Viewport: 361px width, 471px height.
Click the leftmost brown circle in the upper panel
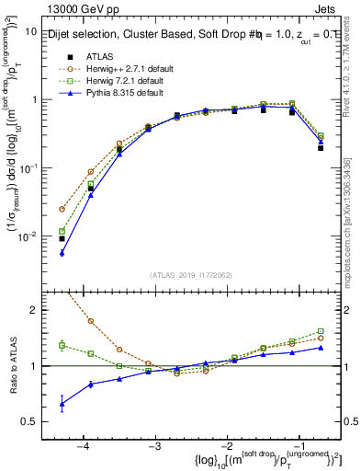point(62,209)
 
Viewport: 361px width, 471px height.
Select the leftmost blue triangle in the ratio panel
point(62,404)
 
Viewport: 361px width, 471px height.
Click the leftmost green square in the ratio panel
point(62,345)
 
